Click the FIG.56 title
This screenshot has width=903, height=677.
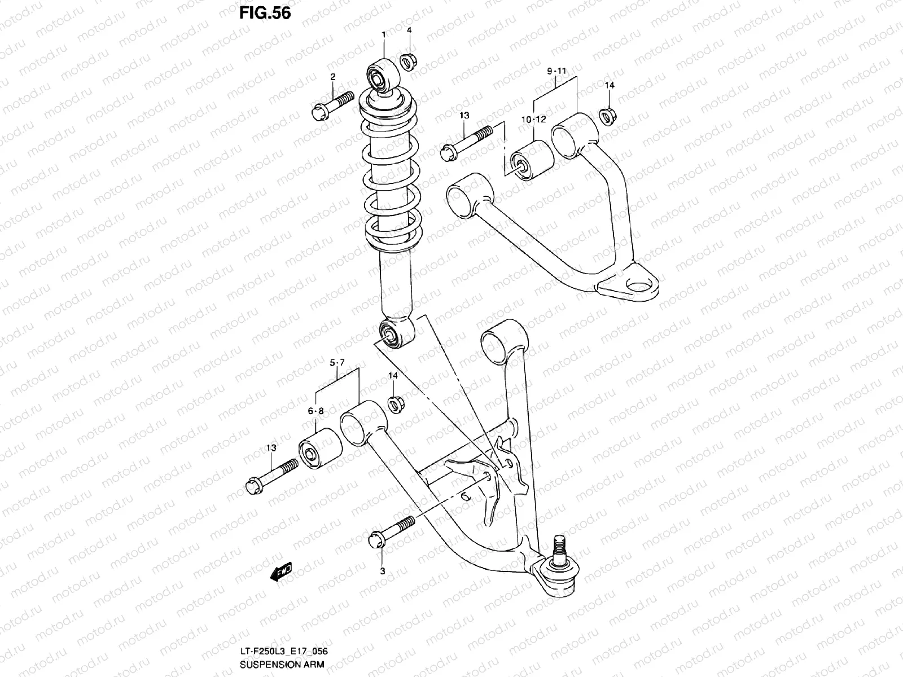pos(265,13)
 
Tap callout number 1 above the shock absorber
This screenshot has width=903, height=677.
pos(384,35)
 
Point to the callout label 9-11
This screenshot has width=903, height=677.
pos(556,71)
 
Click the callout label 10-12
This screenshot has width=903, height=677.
pos(533,119)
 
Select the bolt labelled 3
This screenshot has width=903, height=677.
pos(392,530)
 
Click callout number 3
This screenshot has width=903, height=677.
pos(382,572)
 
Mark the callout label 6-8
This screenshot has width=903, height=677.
pos(315,411)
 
